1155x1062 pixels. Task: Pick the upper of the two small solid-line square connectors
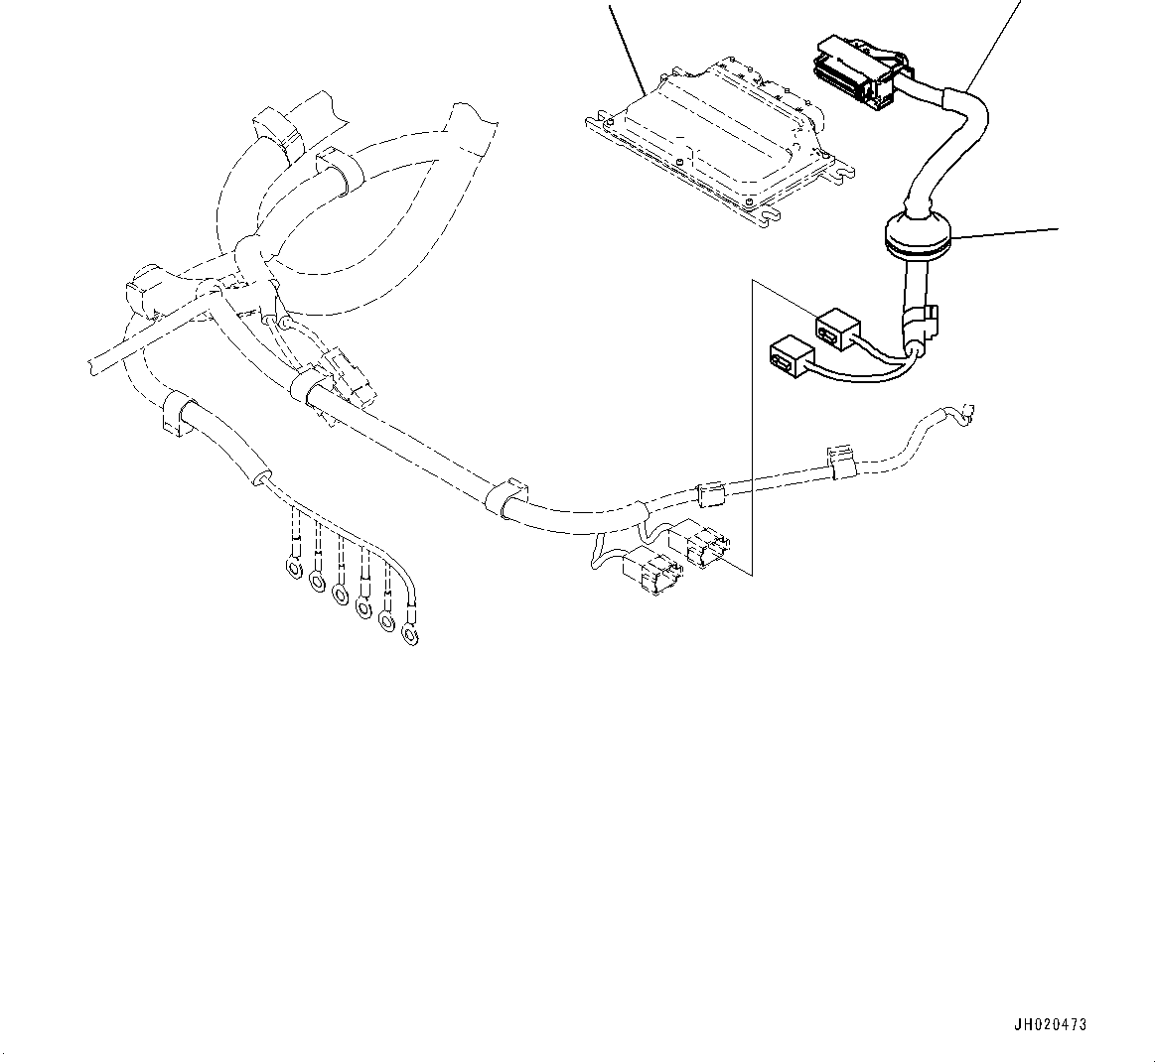coord(836,330)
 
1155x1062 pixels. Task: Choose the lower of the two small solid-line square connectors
coord(790,356)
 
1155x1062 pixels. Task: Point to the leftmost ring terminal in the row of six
coord(294,569)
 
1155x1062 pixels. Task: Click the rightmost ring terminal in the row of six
coord(408,632)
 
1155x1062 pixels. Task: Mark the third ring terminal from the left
coord(340,594)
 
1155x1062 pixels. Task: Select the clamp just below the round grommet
coord(922,322)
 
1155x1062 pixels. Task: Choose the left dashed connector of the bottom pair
coord(650,574)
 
